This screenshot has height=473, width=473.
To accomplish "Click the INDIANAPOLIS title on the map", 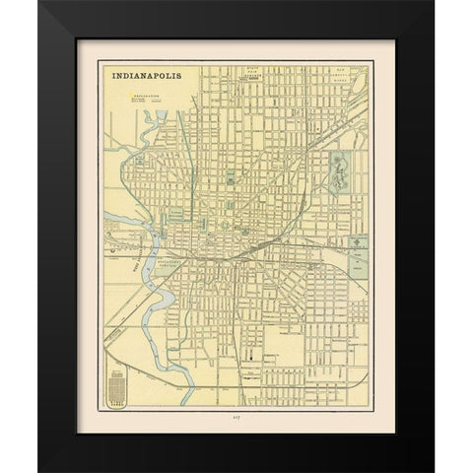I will (x=146, y=75).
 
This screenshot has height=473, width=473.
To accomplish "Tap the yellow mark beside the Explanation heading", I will (x=127, y=96).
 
